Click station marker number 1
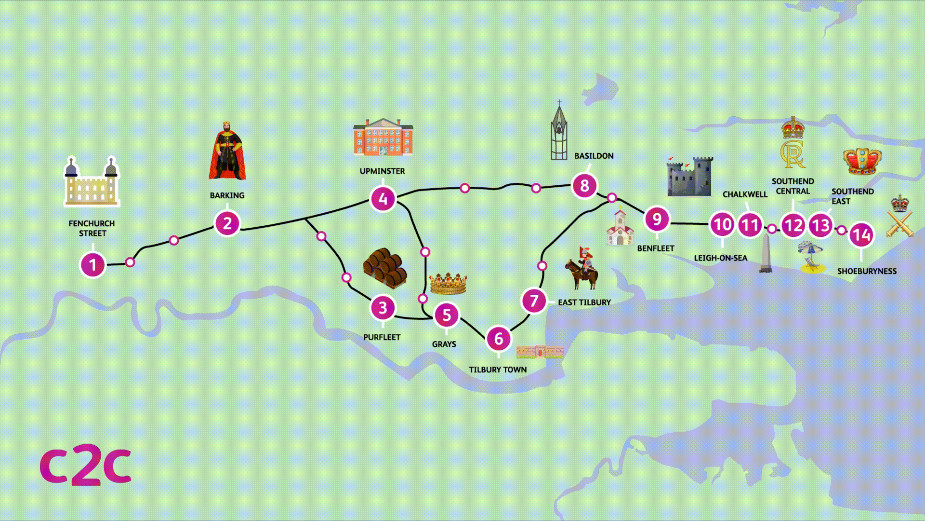tap(92, 265)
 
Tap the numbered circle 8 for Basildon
tap(584, 185)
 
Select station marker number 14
tap(861, 235)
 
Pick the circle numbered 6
tap(499, 339)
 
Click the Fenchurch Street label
tap(92, 228)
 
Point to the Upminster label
tap(382, 171)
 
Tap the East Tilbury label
tap(584, 302)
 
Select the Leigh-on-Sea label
tap(720, 258)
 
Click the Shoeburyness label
tap(867, 271)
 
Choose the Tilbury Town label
tap(498, 370)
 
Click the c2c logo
tap(85, 466)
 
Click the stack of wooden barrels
tap(385, 268)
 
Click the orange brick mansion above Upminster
tap(383, 137)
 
